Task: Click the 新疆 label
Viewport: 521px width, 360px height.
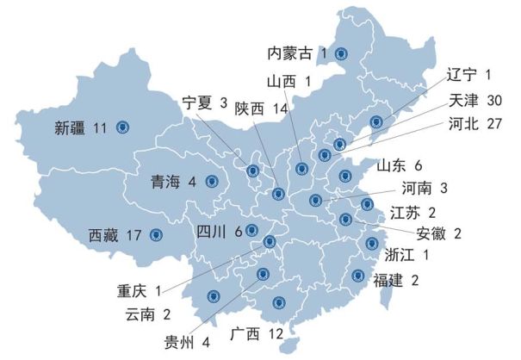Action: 71,128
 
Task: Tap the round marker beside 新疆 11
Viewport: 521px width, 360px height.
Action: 121,128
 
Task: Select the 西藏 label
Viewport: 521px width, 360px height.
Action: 106,234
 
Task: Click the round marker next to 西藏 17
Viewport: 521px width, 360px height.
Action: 156,234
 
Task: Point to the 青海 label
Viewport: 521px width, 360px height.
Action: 166,182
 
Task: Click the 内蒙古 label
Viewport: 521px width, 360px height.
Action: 290,53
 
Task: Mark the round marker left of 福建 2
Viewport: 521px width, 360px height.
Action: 357,276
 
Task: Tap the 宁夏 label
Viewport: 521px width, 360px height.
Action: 197,102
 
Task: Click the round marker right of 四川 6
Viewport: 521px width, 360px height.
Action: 251,230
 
